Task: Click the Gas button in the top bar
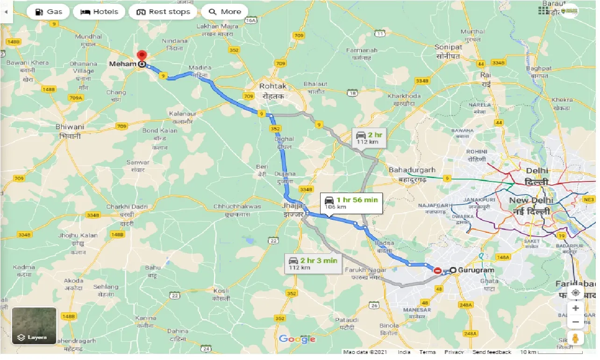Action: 48,12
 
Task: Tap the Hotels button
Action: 99,12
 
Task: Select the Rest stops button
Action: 163,12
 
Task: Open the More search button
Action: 225,12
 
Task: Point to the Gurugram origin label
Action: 476,270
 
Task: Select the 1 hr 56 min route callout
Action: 351,203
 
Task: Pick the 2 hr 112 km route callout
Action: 369,138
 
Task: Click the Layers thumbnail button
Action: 34,326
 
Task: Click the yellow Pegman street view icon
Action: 575,338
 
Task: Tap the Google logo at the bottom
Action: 297,339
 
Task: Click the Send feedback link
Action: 492,352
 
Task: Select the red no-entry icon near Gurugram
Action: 438,271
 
